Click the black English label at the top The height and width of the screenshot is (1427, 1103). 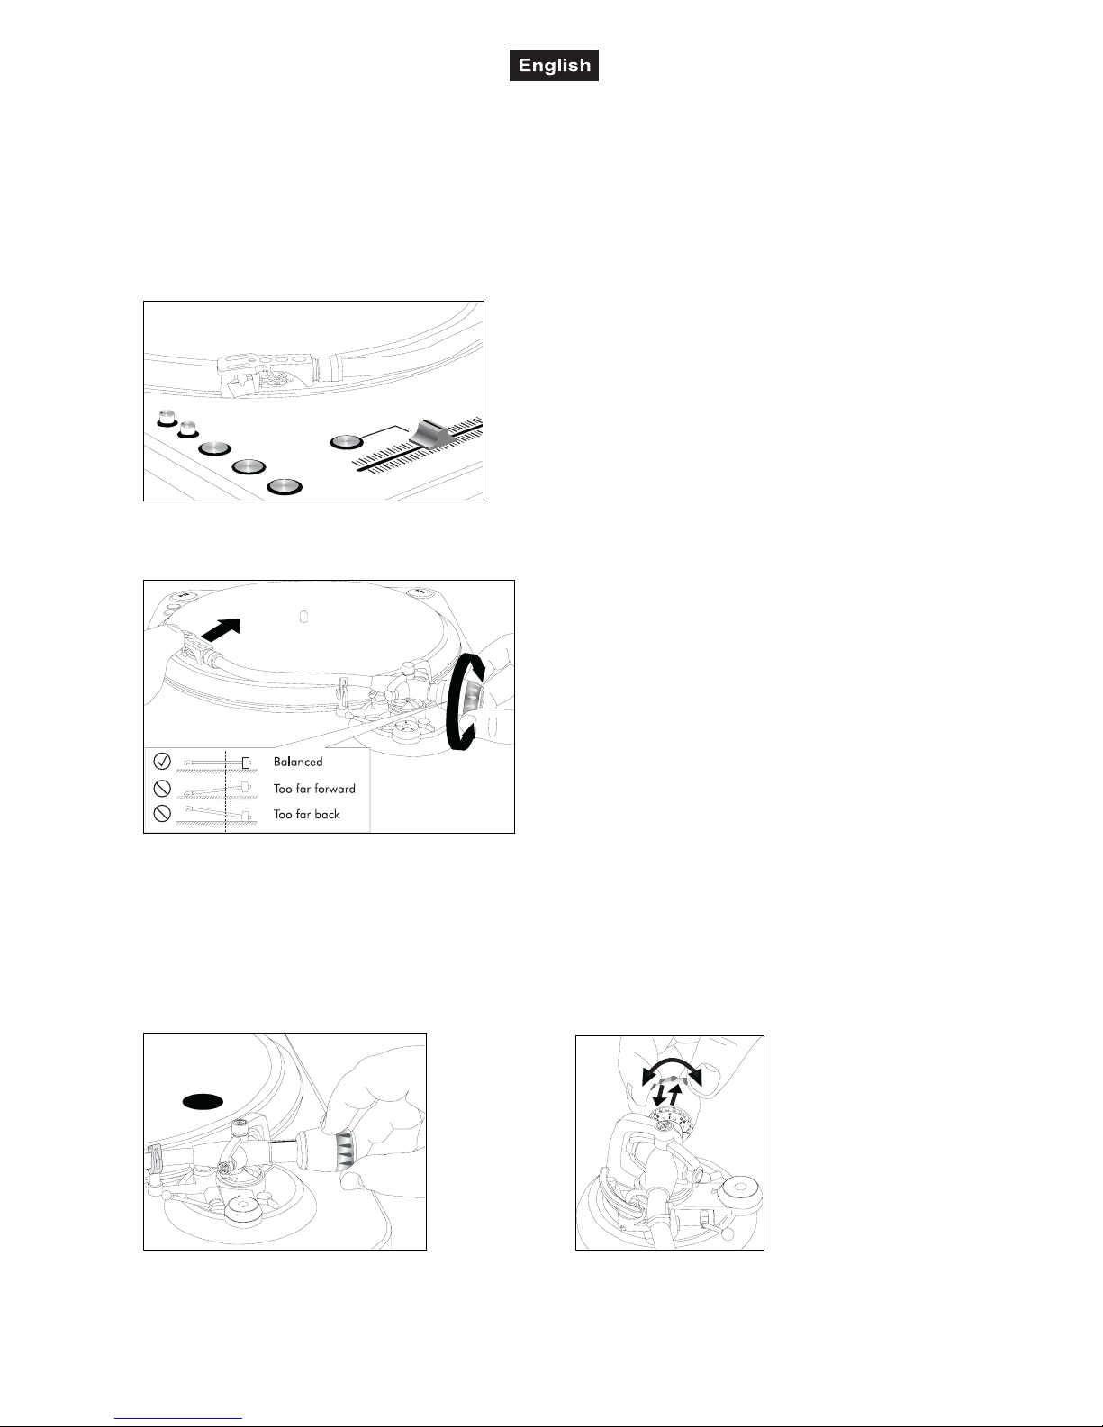(554, 65)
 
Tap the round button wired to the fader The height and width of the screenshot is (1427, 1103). (346, 443)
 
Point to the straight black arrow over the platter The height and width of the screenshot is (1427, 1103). (221, 629)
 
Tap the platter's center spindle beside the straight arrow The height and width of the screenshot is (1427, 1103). (303, 618)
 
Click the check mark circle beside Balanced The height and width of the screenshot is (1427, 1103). (162, 761)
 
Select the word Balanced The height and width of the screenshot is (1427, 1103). (298, 762)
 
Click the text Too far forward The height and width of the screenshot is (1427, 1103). (314, 789)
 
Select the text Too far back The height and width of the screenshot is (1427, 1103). (307, 814)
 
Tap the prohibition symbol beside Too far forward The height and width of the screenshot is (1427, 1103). (162, 788)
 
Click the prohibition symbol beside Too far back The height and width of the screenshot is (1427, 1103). (162, 814)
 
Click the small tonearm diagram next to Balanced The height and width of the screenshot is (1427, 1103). (217, 763)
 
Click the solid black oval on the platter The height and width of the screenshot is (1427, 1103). (203, 1102)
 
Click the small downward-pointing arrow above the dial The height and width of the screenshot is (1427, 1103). (660, 1096)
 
